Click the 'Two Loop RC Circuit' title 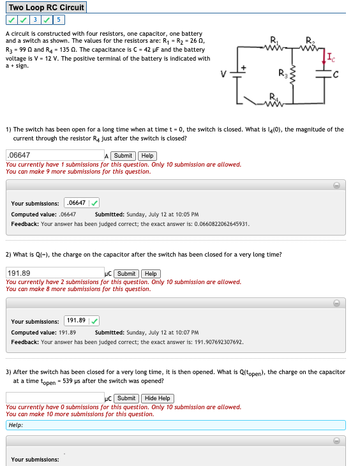pos(44,8)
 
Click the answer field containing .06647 pos(54,155)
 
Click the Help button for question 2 pos(151,274)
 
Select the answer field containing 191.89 pos(54,274)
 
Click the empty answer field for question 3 pos(54,398)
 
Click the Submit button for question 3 pos(126,398)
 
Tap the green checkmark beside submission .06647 pos(94,203)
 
